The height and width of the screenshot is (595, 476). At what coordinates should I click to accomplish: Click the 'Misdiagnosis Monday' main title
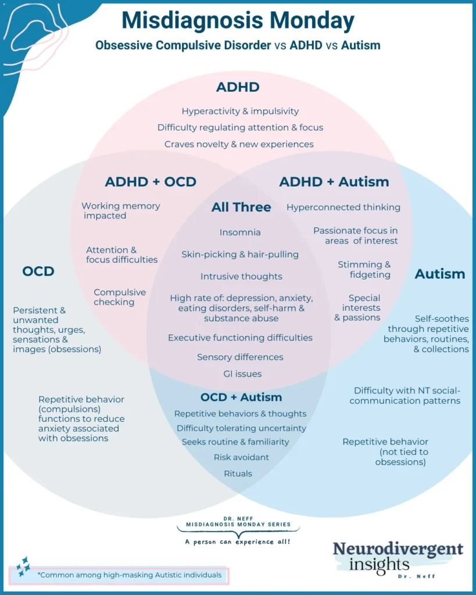coord(238,21)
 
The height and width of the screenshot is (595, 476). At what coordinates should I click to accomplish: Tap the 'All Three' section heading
coord(241,207)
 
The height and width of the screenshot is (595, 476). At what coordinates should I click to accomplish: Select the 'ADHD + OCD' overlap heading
coord(151,182)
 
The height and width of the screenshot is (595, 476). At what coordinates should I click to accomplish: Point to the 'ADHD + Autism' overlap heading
coord(334,182)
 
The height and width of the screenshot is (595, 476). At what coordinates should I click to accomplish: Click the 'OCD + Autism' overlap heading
coord(241,397)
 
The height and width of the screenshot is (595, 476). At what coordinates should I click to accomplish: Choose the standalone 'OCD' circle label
coord(38,271)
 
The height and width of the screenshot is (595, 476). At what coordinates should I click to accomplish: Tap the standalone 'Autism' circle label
coord(439,274)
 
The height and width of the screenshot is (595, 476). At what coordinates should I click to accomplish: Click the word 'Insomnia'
coord(240,232)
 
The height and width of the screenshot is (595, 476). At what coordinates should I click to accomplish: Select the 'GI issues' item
coord(242,374)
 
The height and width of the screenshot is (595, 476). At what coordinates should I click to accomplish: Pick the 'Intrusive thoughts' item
coord(241,277)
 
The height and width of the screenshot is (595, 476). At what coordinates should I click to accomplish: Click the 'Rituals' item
coord(238,474)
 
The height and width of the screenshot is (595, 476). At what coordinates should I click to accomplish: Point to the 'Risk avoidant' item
coord(241,457)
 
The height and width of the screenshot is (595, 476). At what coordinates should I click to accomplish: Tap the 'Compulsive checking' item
coord(119,297)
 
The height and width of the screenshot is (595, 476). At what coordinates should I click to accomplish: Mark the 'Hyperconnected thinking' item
coord(343,207)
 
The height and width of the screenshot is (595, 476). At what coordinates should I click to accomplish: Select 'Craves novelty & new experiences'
coord(239,144)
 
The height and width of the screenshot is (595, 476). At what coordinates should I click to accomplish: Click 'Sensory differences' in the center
coord(240,357)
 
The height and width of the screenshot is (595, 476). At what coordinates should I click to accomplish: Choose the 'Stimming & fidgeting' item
coord(364,270)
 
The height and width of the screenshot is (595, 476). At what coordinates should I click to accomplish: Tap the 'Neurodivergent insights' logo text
coord(398,556)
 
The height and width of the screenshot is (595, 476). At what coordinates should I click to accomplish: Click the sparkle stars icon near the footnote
coord(23,566)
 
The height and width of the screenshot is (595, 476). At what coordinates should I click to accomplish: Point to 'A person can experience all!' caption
coord(238,542)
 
